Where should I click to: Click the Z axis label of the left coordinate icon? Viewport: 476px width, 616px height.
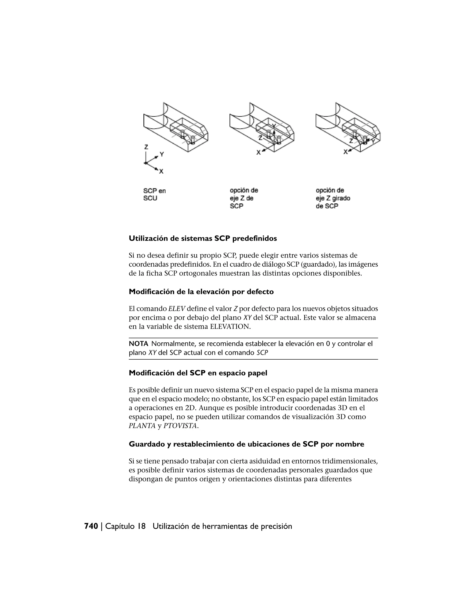coord(146,147)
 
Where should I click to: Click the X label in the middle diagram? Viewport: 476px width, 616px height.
coord(258,152)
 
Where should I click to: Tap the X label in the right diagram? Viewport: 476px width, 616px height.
coord(345,152)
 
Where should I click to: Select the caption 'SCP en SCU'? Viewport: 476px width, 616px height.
coord(154,195)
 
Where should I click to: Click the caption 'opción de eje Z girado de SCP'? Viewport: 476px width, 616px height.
coord(333,198)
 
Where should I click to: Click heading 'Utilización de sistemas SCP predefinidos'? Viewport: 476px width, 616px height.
coord(203,239)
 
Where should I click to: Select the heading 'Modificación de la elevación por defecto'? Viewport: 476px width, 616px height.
coord(201,292)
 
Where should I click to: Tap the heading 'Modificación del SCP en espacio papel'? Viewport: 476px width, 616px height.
coord(198,373)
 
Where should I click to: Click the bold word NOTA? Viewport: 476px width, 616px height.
coord(139,344)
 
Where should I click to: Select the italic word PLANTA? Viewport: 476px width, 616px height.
coord(142,426)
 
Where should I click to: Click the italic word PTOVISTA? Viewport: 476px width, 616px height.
coord(180,426)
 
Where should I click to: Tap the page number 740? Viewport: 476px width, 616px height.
coord(91,526)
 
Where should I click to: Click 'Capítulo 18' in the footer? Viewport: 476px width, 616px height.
coord(126,526)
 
